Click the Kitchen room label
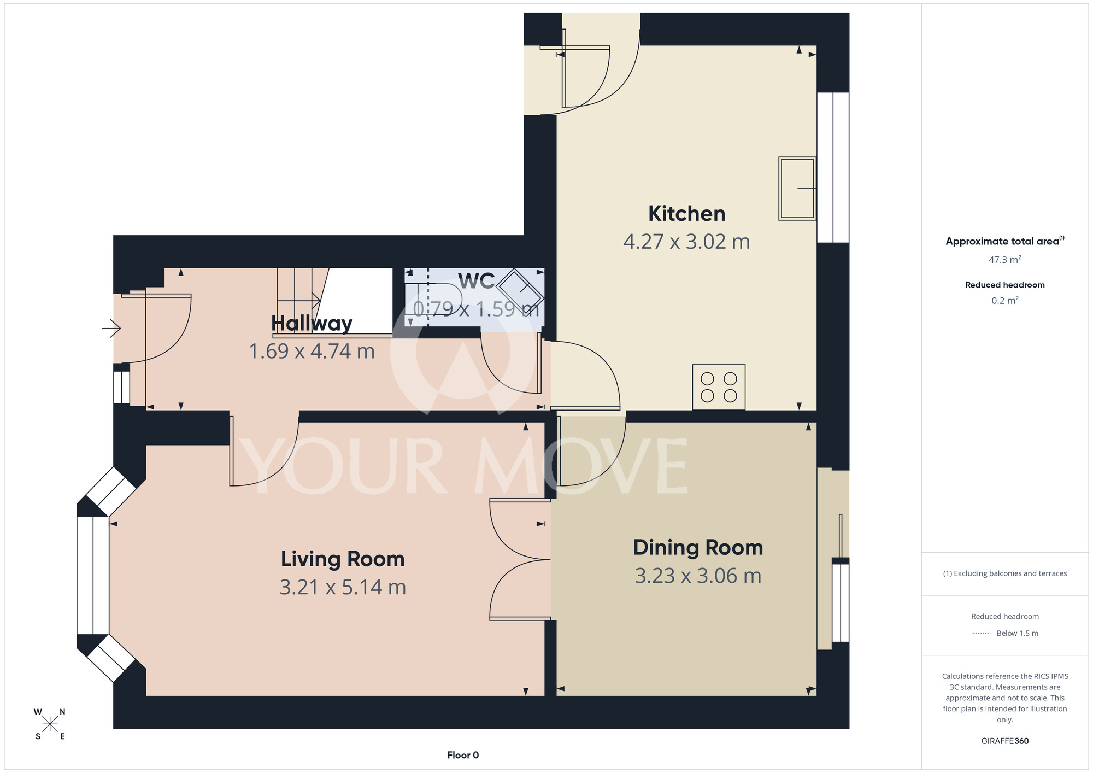(686, 214)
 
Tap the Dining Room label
(698, 548)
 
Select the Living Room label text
(343, 559)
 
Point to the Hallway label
(312, 324)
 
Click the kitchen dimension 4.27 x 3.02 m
(686, 242)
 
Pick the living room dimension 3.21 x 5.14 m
(343, 587)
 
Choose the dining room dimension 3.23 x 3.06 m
(698, 576)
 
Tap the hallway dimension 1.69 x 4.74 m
(312, 351)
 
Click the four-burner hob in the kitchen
(719, 387)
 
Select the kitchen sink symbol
(797, 189)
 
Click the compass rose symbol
(50, 724)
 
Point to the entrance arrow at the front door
(111, 329)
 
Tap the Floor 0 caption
(463, 755)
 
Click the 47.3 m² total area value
(1005, 260)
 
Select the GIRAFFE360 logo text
(1005, 741)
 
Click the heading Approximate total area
(1005, 241)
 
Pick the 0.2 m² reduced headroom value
(1005, 301)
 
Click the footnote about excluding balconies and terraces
(1005, 573)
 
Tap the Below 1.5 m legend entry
(1017, 633)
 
